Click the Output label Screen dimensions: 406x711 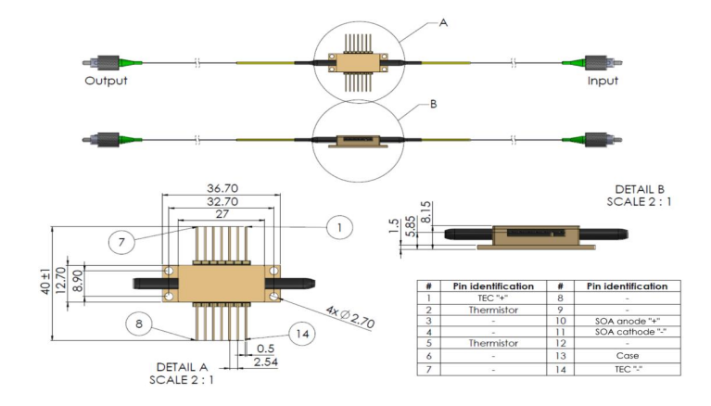pos(106,81)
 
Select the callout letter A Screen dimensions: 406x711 pos(443,23)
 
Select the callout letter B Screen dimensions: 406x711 pos(434,105)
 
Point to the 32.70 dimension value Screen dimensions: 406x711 pos(221,200)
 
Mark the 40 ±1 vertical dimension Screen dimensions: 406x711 pos(56,275)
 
